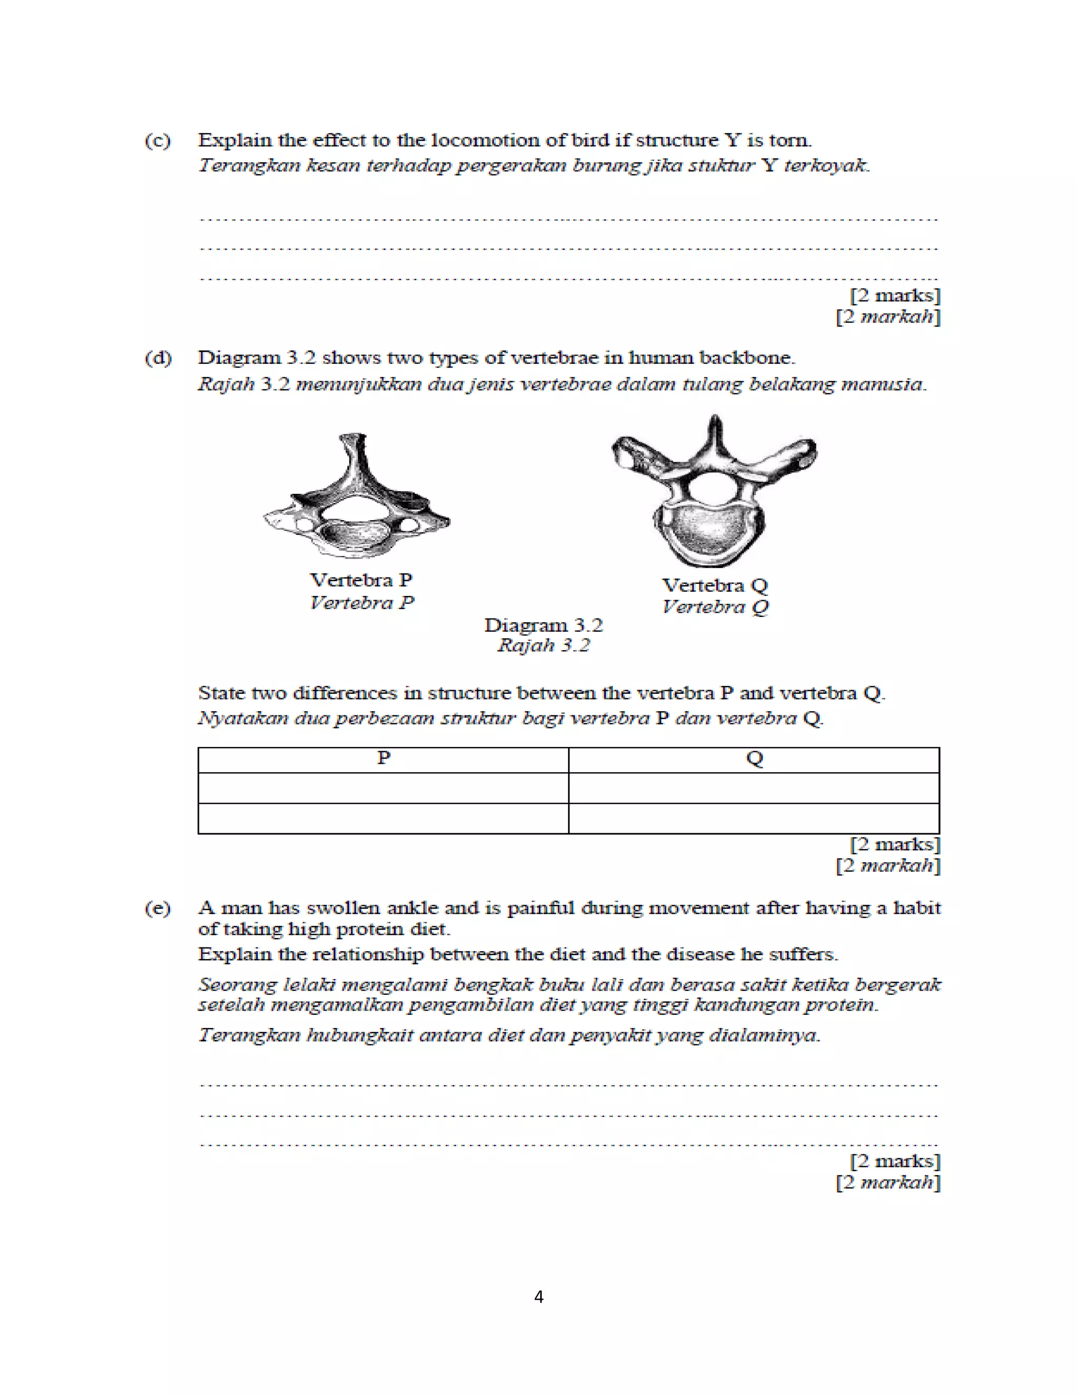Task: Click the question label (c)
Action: click(158, 141)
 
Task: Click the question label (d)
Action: click(158, 357)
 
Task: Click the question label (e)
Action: click(158, 908)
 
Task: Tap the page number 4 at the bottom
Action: click(538, 1297)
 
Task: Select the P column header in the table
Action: click(383, 759)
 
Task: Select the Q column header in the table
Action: click(754, 759)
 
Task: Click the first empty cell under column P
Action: click(383, 788)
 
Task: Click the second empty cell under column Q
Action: click(754, 818)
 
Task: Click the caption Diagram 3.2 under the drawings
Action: click(543, 625)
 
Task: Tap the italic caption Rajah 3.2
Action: click(543, 645)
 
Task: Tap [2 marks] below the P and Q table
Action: click(895, 844)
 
